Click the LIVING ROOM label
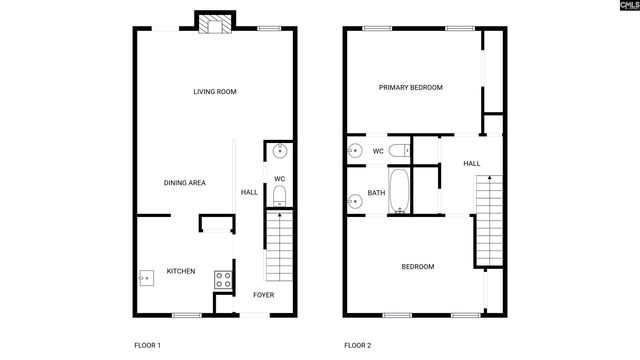215,92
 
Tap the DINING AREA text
185,183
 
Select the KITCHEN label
181,271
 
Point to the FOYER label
263,295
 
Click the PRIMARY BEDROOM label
410,88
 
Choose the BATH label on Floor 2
377,193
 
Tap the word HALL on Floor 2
472,164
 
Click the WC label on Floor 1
280,179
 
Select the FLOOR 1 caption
147,345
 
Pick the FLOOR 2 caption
357,345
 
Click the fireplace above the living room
215,24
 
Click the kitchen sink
145,277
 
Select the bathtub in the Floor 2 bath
400,192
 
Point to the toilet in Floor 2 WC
398,151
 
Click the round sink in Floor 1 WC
281,152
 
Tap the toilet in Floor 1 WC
281,195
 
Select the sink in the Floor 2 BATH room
356,200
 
